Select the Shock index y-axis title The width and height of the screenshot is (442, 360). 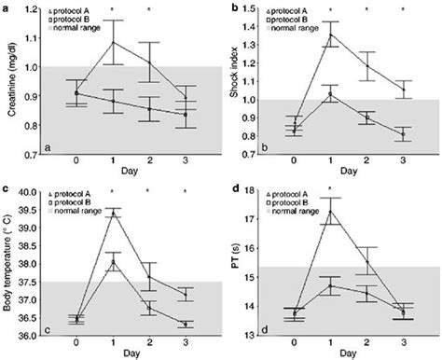[235, 84]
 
